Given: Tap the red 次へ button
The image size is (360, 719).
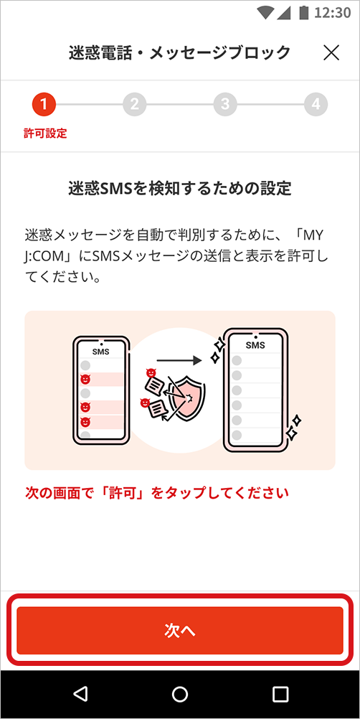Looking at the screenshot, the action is pos(180,631).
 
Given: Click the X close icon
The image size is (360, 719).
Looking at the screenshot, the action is pos(331,52).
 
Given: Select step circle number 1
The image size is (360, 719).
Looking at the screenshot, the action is pos(44,105).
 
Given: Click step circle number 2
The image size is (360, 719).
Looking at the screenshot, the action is pos(134,105).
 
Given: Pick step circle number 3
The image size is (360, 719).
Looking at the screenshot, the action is pos(225,105).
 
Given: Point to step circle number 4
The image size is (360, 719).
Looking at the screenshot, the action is pos(316,105).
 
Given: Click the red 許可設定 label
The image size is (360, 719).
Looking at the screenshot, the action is pos(45,133).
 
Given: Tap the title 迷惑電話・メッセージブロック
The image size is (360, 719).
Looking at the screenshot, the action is pos(179,52).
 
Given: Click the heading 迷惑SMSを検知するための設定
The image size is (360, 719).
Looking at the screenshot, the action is pos(179,189).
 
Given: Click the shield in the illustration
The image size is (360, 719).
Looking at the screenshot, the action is pos(188,397).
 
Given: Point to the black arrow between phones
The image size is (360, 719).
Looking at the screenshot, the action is pos(179,360).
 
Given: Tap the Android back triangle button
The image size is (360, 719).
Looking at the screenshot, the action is pos(80,694).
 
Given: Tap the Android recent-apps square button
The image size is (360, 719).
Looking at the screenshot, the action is pos(280,694).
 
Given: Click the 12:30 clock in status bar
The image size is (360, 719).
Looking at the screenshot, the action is pos(332,13).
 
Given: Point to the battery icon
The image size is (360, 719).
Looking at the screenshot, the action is pos(303,13).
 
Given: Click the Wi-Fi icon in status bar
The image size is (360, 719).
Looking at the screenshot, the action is pos(265,13).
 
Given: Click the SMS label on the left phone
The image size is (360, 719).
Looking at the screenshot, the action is pos(101,352).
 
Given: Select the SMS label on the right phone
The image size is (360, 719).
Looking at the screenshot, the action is pos(255,345).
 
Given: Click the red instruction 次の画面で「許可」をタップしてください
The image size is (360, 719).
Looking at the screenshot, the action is pos(156,494).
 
